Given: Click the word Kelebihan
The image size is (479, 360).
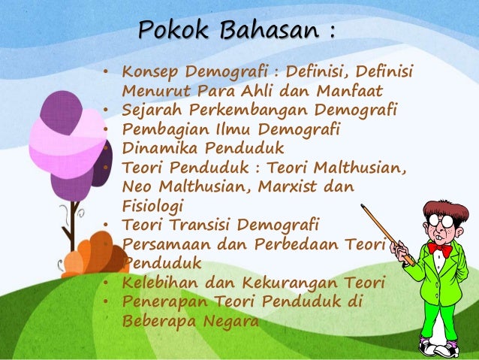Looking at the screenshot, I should click(155, 283).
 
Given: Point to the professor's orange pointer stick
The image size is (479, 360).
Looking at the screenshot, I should click(387, 233).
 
